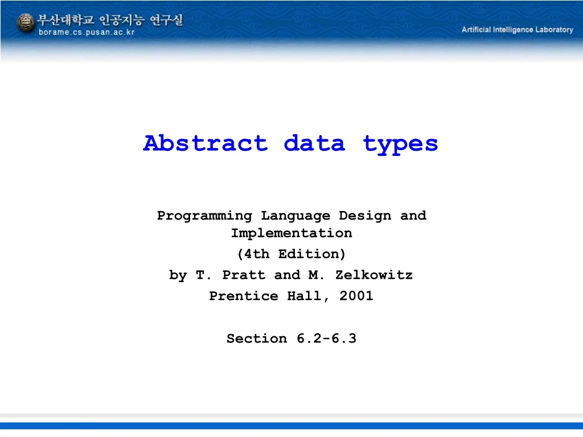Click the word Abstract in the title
coord(205,143)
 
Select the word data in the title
coord(314,143)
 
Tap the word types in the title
coord(401,143)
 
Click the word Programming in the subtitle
coord(204,216)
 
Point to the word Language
coord(295,216)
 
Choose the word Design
coord(365,216)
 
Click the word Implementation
coord(291,233)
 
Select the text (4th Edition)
coord(291,254)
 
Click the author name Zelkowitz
coord(374,275)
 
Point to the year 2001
coord(356,296)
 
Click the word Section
coord(257,339)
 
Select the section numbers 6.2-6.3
coord(326,339)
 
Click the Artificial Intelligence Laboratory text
coord(517,30)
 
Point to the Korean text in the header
coord(110,20)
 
